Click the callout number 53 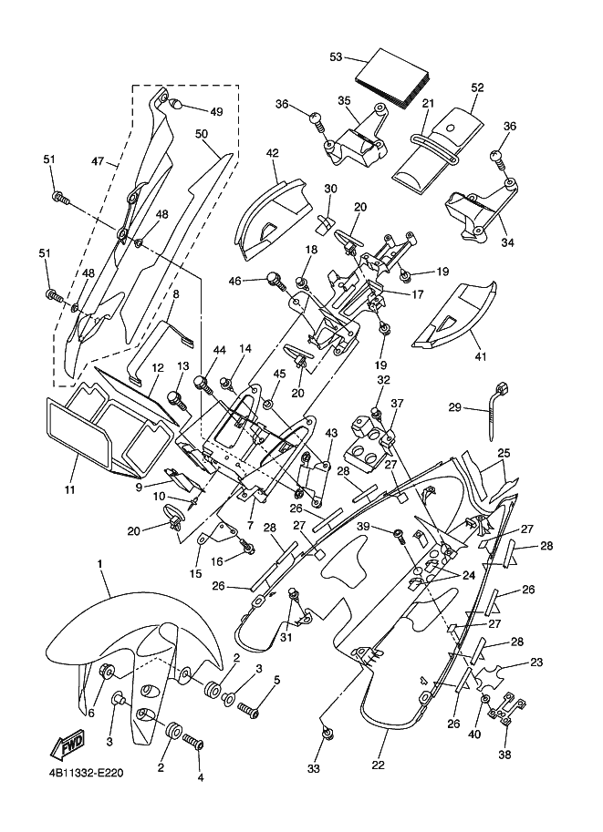336,57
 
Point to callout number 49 215,111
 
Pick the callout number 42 272,154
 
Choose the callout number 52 476,88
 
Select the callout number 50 202,134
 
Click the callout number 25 503,453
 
